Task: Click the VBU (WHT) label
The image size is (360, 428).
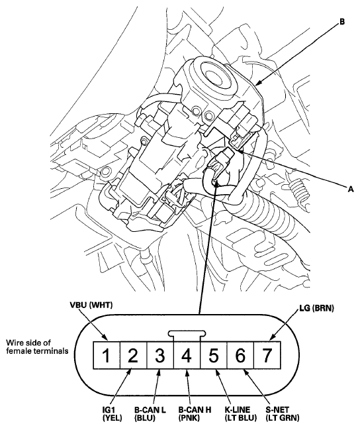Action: pyautogui.click(x=90, y=307)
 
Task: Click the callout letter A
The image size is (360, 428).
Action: pyautogui.click(x=352, y=188)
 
